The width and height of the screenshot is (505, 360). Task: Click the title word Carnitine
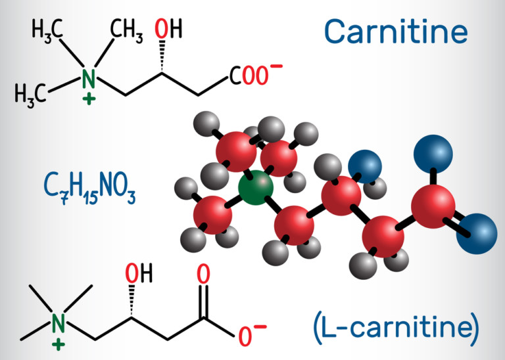pyautogui.click(x=396, y=31)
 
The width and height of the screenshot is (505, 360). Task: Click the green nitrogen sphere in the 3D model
pyautogui.click(x=255, y=189)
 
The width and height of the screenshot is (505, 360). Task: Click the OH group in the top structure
pyautogui.click(x=168, y=30)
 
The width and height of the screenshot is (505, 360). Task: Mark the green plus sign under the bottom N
pyautogui.click(x=60, y=343)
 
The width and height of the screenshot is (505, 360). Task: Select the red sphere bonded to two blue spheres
pyautogui.click(x=433, y=206)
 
